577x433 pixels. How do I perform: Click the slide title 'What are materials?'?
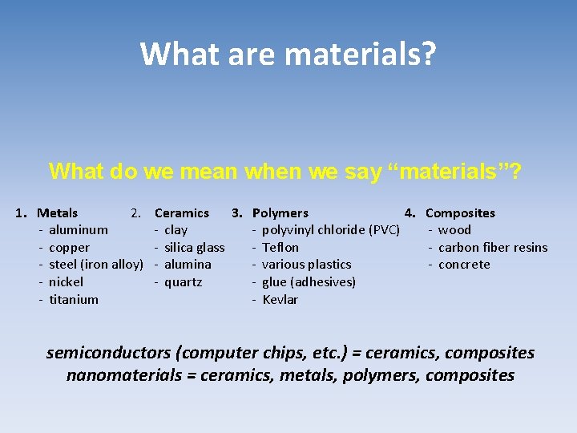coord(288,55)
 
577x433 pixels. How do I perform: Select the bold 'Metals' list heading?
coord(58,213)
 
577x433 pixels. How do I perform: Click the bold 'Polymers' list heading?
coord(280,213)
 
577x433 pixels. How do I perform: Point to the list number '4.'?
coord(410,213)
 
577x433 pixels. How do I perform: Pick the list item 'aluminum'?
coord(79,230)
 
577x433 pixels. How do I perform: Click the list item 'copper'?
coord(70,248)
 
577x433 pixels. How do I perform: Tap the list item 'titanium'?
coord(74,300)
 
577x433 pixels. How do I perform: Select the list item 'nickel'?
coord(67,282)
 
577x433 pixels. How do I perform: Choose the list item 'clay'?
coord(176,230)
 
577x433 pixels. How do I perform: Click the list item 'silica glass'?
coord(194,248)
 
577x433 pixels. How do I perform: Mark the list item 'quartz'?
coord(184,282)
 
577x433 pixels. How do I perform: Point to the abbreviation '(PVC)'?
coord(385,230)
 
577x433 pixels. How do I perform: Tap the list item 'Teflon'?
coord(280,248)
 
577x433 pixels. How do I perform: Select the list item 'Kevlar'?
coord(280,300)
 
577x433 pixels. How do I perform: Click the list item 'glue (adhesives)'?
coord(309,282)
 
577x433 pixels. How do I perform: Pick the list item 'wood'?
coord(455,230)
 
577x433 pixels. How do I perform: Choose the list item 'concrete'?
coord(465,265)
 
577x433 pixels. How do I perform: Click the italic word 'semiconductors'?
coord(108,353)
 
